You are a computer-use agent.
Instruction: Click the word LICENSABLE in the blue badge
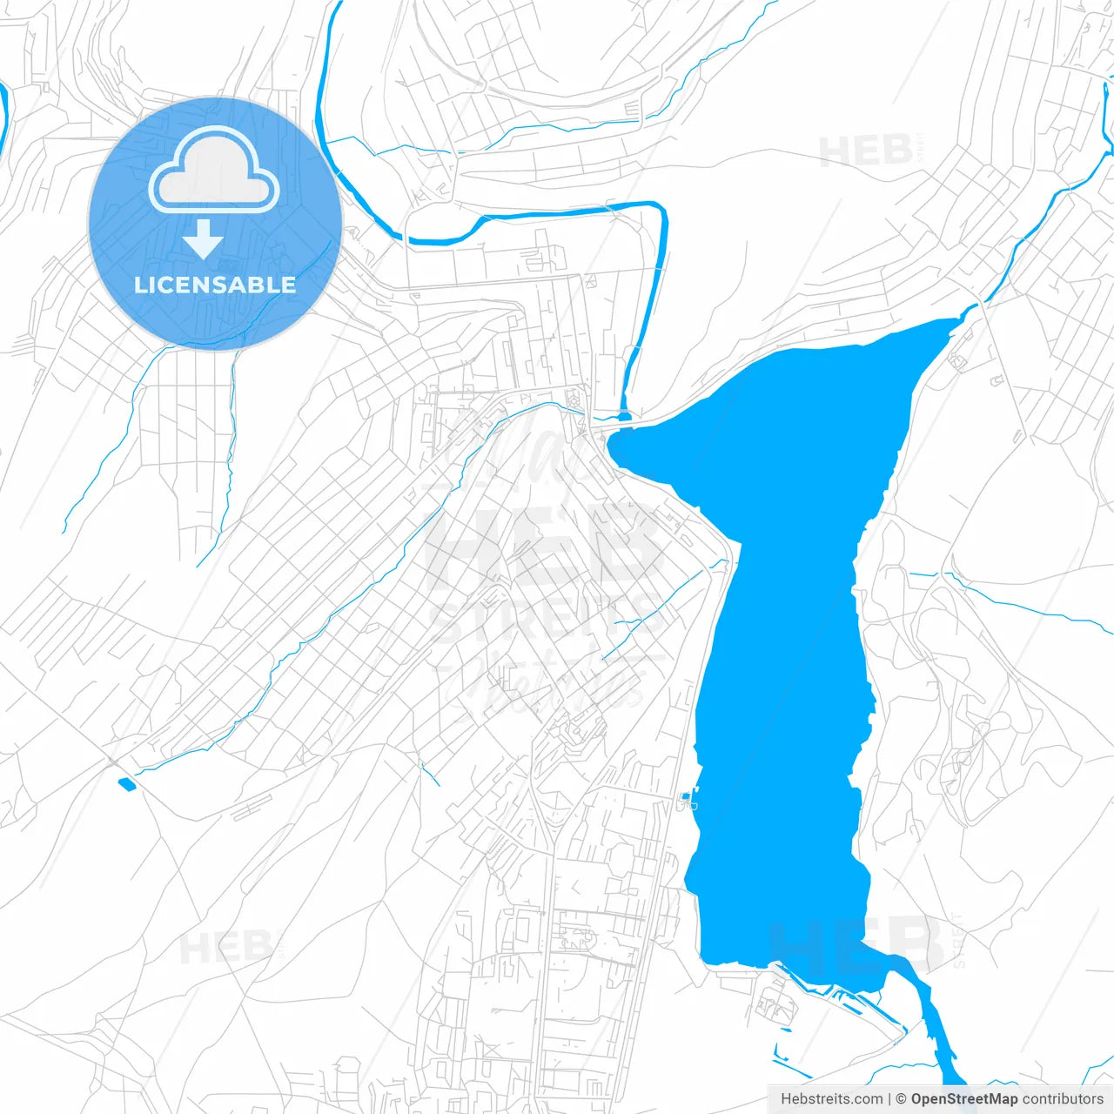[215, 285]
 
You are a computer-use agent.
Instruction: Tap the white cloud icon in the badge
[214, 170]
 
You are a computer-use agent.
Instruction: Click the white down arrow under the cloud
[203, 239]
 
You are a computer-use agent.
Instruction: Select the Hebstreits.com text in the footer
[831, 1099]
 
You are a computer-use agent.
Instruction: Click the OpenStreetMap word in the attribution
[963, 1099]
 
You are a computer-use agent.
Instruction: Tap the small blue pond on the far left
[127, 783]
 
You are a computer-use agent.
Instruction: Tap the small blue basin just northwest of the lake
[624, 416]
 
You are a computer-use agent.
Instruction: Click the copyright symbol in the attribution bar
[901, 1099]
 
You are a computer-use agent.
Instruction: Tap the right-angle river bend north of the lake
[660, 209]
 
